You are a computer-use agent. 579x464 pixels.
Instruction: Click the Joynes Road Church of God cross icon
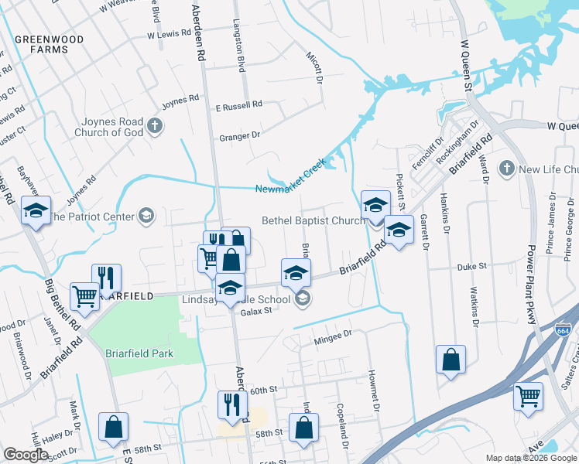tap(155, 126)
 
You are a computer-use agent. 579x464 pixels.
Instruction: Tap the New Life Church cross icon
tap(507, 168)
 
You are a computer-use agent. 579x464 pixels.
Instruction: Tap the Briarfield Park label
tap(139, 353)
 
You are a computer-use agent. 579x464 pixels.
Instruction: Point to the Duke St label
tap(471, 266)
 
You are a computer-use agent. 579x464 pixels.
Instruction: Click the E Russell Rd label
tap(239, 104)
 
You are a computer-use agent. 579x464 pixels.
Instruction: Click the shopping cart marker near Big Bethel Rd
tap(84, 295)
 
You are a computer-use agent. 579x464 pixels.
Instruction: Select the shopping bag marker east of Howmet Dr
tap(451, 360)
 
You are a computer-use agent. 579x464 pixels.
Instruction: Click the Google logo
tap(26, 455)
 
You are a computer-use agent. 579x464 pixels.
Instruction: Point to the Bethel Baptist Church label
tap(313, 220)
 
